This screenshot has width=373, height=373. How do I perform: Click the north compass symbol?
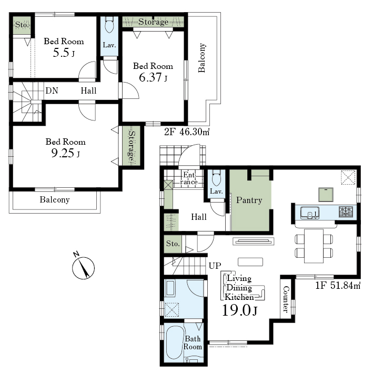[83, 267]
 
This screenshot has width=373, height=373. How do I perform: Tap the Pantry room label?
[249, 200]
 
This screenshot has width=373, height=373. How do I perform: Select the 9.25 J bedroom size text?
[66, 153]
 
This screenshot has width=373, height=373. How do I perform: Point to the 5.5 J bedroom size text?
[64, 53]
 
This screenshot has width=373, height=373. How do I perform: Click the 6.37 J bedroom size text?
[153, 77]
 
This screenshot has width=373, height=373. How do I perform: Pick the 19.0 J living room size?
[239, 310]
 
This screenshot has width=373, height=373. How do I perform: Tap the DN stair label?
[52, 90]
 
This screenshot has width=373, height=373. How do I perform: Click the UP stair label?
[215, 266]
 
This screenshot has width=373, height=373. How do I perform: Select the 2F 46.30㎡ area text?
[187, 132]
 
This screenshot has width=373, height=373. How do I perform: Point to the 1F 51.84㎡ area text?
[338, 285]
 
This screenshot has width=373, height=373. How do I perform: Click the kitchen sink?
[309, 213]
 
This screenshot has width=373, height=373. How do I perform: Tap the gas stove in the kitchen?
[346, 212]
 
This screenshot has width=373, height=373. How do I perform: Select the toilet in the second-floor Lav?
[109, 24]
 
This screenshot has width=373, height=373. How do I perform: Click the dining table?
[314, 246]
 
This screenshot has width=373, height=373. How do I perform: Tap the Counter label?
[286, 299]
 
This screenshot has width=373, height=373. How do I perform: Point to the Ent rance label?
[189, 178]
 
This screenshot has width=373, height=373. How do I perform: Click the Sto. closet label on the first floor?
[173, 244]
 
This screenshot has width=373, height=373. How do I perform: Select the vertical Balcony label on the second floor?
[201, 57]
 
